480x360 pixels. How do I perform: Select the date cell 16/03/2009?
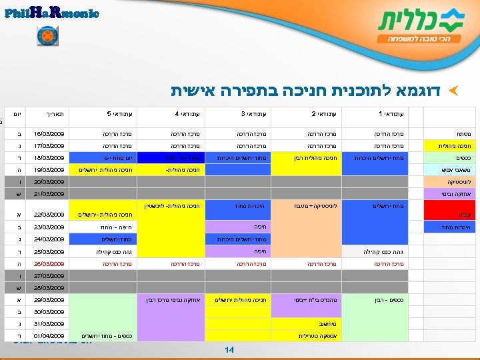pos(47,133)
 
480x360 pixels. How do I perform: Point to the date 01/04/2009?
pos(47,335)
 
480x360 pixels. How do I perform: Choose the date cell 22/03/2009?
pos(47,215)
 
